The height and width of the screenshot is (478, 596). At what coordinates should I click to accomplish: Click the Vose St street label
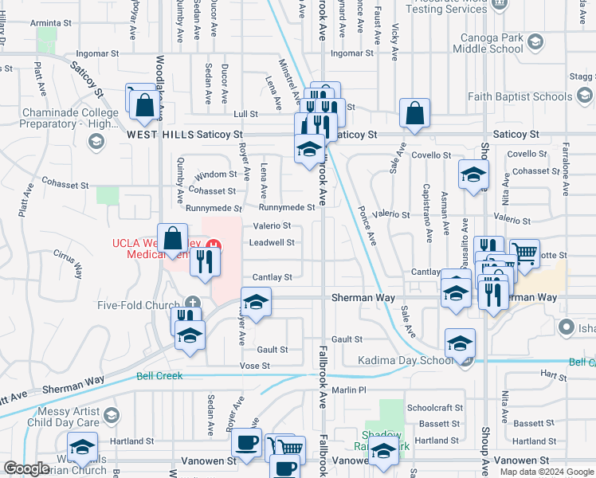point(255,366)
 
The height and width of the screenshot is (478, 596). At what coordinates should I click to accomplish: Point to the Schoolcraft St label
point(434,406)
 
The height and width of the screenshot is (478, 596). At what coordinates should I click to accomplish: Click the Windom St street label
point(216,174)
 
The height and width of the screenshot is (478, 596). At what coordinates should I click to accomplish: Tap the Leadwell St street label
point(273,242)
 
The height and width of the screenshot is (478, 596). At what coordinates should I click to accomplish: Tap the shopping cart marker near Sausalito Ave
point(524,254)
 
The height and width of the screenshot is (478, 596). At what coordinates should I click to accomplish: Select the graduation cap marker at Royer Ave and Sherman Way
point(256,302)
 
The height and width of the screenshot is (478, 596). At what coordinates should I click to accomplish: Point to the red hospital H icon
point(212,244)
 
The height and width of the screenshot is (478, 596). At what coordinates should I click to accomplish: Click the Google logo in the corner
point(26,468)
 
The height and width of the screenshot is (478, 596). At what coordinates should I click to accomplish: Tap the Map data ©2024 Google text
point(546,472)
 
